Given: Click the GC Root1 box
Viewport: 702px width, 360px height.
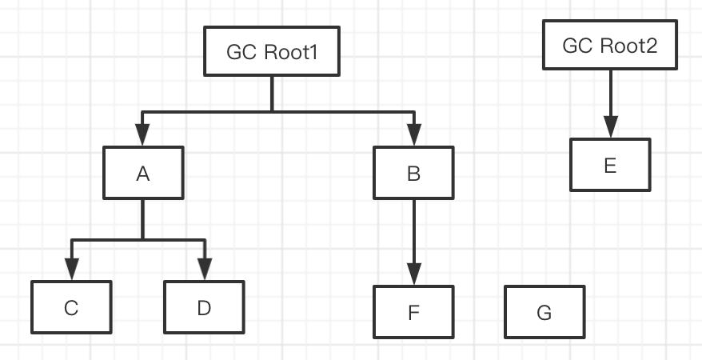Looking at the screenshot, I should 272,52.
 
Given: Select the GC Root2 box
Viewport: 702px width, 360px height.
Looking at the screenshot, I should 610,46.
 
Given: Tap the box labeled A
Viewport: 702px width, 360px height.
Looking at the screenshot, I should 143,173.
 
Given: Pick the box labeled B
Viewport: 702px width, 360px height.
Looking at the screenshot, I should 414,173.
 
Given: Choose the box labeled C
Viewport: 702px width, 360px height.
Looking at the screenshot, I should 71,308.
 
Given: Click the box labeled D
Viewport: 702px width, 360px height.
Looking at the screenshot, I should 203,308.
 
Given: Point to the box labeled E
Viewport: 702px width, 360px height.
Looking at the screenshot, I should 610,165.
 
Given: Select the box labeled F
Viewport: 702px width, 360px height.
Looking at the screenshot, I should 414,311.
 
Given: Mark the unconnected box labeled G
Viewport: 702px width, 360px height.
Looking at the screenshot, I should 544,311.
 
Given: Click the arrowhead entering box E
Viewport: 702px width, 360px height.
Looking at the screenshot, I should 610,128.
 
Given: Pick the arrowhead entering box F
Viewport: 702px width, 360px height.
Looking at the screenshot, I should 414,274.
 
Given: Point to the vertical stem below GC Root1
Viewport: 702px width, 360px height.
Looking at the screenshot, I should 272,93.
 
